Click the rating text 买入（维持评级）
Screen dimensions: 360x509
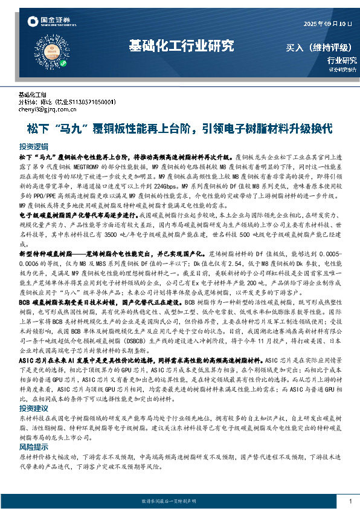click(x=321, y=47)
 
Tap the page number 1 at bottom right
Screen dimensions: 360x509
click(x=350, y=501)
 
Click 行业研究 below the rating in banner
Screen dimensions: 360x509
click(x=342, y=60)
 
